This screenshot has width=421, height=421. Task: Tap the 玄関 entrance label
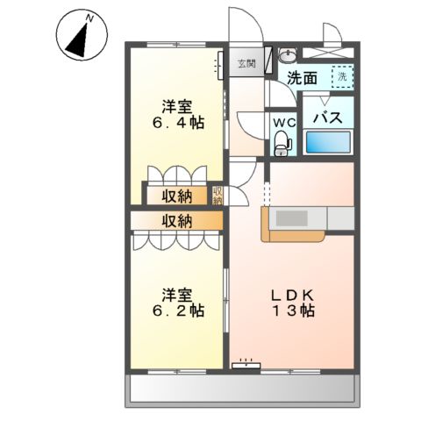pos(246,63)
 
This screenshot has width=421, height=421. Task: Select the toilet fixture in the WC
pos(282,141)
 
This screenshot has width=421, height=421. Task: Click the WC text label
pos(282,121)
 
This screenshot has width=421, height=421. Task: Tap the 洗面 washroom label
pos(303,77)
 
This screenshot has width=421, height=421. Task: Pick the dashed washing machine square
pos(342,77)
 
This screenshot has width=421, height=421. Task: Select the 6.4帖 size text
pos(182,124)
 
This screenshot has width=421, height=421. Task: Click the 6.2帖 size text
pos(182,310)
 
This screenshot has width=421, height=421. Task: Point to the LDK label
pos(293,293)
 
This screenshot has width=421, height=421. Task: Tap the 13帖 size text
pos(293,310)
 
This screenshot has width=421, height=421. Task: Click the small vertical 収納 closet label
pos(217,196)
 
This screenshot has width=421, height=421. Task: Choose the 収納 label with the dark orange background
pos(175,196)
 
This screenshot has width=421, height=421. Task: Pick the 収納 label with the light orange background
pos(175,221)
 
